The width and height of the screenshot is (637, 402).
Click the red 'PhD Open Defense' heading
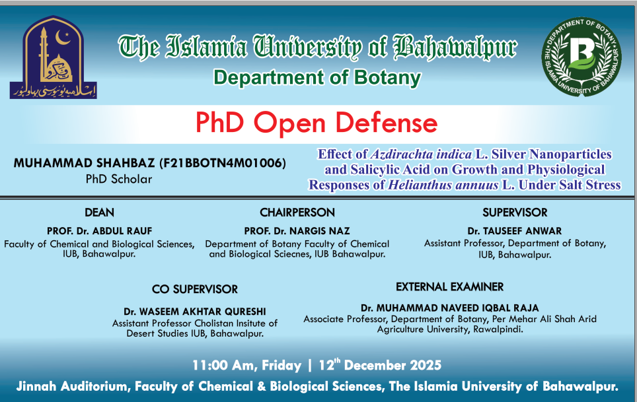(x=317, y=123)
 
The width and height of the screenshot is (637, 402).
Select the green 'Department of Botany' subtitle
(x=317, y=78)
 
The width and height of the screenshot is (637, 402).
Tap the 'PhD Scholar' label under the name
(x=118, y=179)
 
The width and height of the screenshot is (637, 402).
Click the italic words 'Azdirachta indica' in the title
(x=421, y=154)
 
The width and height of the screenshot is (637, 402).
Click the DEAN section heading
(x=99, y=213)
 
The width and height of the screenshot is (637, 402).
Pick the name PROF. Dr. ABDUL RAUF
(x=99, y=231)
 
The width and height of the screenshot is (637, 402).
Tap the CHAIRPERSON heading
(x=297, y=213)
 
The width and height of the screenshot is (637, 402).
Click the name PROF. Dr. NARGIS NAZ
(x=297, y=231)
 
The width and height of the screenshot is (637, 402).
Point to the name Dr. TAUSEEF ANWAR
(x=515, y=231)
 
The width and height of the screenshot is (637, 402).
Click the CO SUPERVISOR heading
(x=194, y=289)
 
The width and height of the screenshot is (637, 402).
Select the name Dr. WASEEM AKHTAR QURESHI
(x=194, y=311)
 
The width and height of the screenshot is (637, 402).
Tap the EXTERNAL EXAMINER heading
(x=449, y=286)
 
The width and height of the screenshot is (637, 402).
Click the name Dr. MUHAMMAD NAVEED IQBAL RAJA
(x=449, y=308)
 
